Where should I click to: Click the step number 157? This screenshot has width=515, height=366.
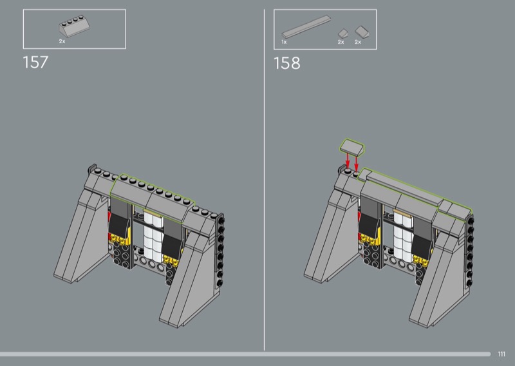[x=35, y=62]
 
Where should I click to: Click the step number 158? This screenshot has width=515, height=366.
[x=286, y=63]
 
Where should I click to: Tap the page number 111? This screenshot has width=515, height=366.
[x=501, y=354]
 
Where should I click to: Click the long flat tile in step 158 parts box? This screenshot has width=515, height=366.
[x=306, y=26]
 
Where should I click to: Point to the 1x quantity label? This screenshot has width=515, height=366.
[x=284, y=42]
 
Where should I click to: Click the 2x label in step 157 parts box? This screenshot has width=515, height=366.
[x=62, y=41]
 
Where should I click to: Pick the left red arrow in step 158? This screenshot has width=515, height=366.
[x=348, y=160]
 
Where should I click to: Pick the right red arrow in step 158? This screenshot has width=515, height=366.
[x=357, y=162]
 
